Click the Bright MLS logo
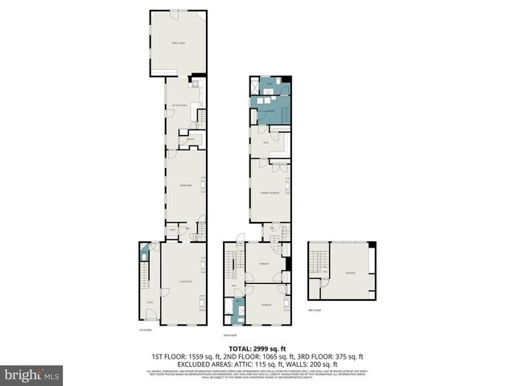pos(32,375)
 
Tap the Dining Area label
pos(184,185)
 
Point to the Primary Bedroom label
pos(270,194)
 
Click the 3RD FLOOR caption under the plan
pos(315,310)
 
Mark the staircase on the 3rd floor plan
pos(315,261)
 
